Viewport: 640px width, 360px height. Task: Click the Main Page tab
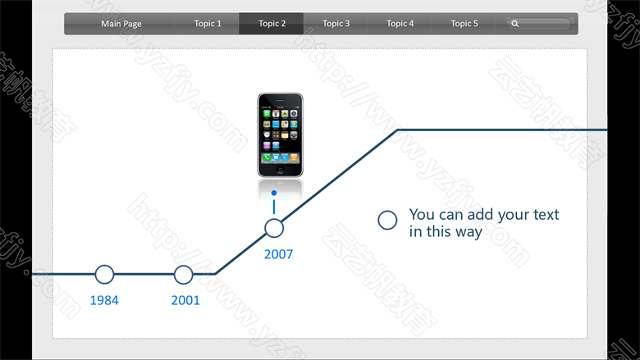pos(121,24)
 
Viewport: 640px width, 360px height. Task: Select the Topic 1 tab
pos(208,24)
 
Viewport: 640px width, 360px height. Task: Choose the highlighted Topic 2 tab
pos(272,24)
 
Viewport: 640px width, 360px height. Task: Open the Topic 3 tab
pos(336,24)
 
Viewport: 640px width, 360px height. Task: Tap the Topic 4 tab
pos(400,24)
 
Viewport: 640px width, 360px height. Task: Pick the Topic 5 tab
pos(464,24)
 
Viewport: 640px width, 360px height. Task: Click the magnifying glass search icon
pos(515,24)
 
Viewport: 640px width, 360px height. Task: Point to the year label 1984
pos(104,300)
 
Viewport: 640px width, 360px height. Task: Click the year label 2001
pos(185,300)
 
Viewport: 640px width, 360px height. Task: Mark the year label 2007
pos(278,254)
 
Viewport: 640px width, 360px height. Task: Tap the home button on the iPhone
pos(280,170)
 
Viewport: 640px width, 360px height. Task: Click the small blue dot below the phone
pos(274,193)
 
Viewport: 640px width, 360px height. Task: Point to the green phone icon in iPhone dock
pos(267,157)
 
